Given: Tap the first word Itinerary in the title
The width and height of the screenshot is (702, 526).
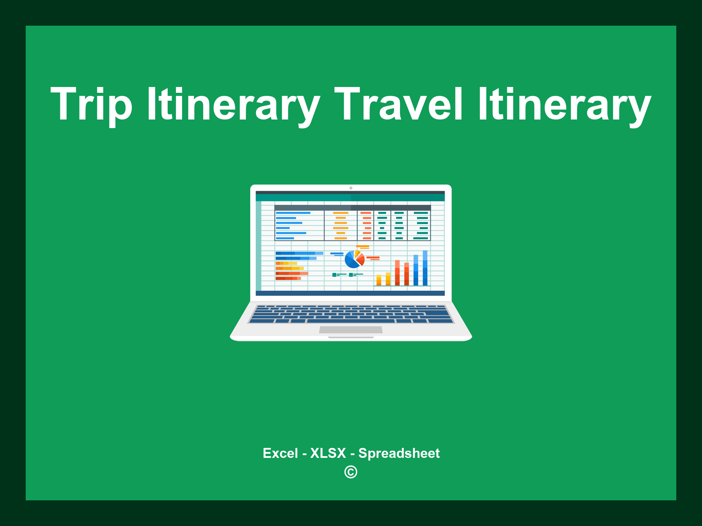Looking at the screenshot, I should point(233,104).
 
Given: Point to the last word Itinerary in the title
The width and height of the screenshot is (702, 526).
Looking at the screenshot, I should point(564,104).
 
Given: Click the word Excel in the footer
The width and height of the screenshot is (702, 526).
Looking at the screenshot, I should point(280,453).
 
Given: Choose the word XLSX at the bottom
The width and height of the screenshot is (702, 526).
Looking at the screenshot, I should point(328,453).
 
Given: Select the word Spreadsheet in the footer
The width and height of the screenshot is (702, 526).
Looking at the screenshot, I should point(399,453).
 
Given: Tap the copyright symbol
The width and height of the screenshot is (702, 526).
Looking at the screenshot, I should point(351,472).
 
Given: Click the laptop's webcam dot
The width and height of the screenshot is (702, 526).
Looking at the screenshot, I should point(351,188).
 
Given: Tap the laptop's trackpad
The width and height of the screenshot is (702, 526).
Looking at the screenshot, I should point(351,330).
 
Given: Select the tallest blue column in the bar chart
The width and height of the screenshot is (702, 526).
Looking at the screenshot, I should point(425,268).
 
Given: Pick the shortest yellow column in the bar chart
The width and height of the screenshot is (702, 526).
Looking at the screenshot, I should point(379,280).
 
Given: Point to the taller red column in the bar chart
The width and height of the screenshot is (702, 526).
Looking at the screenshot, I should point(397,273).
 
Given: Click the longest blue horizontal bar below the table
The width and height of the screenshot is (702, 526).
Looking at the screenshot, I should point(299,253).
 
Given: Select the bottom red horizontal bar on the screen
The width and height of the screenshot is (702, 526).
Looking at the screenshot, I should point(288,278).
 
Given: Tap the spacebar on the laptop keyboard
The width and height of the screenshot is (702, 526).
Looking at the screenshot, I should point(351,321).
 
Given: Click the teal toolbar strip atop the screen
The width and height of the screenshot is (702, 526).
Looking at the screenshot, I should point(350,198).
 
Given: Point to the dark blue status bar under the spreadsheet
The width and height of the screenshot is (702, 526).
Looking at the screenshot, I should point(350,293).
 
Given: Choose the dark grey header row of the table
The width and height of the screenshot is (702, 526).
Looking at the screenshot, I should point(352,208).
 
